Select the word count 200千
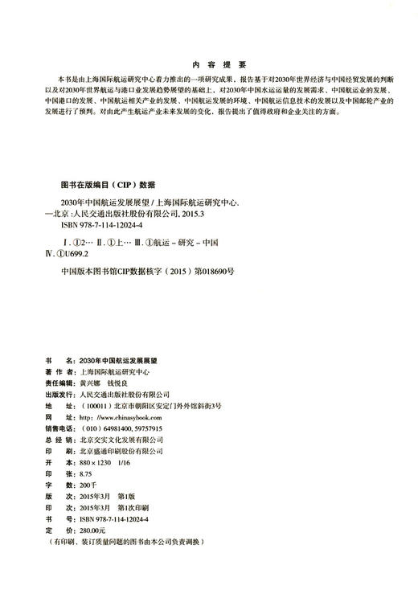(88, 486)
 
